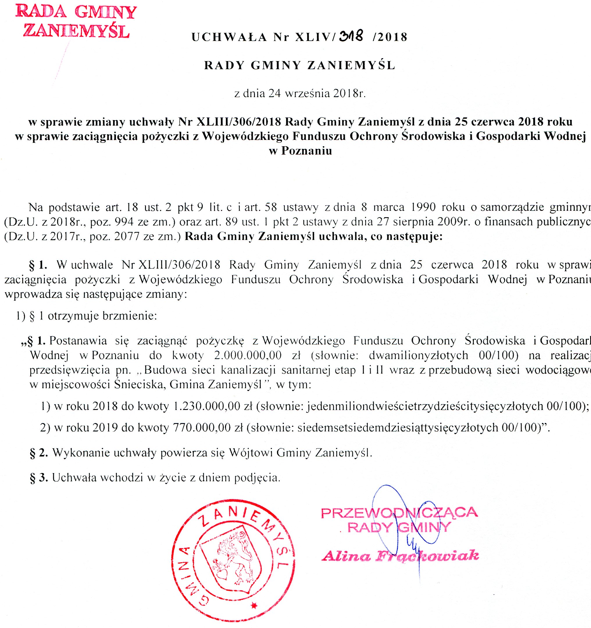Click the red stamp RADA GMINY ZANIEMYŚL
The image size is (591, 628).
pos(76,22)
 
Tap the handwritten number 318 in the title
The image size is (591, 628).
pos(351,36)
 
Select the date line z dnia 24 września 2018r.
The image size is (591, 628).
pos(300,94)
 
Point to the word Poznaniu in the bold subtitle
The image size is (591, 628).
pos(306,151)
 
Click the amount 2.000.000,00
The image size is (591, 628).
pos(248,355)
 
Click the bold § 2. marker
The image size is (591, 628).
pos(39,453)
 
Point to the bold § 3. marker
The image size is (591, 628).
pos(39,477)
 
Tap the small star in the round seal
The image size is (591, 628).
pos(254,605)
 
